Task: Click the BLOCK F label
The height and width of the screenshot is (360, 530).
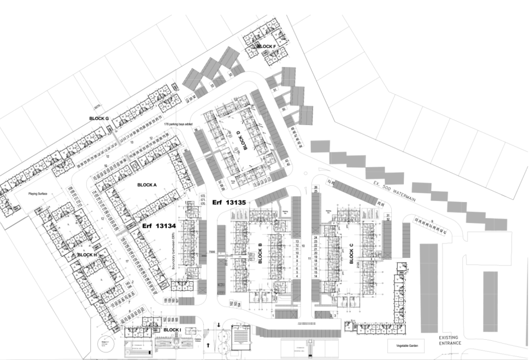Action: click(x=266, y=46)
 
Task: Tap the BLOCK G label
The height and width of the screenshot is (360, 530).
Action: click(x=99, y=118)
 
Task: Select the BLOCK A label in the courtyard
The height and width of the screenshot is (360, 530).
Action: click(x=147, y=185)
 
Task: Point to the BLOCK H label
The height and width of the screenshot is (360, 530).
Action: click(x=87, y=255)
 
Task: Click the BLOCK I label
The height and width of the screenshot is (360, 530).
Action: click(x=172, y=330)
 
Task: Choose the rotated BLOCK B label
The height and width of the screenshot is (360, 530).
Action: click(x=260, y=253)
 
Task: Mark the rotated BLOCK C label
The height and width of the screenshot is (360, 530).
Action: click(x=351, y=253)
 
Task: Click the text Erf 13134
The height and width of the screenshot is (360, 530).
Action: click(x=159, y=225)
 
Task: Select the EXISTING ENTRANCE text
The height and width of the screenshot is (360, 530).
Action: click(x=450, y=340)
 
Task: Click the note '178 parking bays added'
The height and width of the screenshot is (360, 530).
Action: click(x=178, y=124)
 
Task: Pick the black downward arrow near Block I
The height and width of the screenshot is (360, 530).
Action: click(x=219, y=326)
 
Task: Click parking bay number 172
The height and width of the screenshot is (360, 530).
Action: click(x=203, y=196)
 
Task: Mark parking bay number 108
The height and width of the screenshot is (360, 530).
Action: click(x=70, y=188)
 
